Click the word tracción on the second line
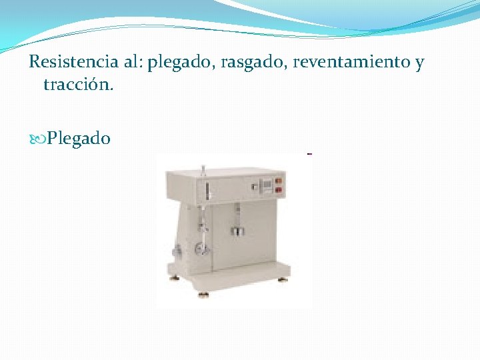[78, 85]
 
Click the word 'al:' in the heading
[131, 63]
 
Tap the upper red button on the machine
[278, 180]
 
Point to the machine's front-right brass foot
[283, 279]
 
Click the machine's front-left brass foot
[174, 278]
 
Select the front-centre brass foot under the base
[203, 293]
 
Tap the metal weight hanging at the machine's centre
[238, 231]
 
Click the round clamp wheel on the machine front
[199, 249]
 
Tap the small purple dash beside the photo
[309, 154]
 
